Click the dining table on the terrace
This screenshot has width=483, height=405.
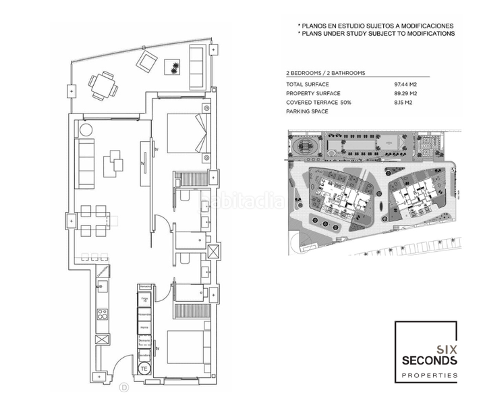pyautogui.click(x=102, y=84)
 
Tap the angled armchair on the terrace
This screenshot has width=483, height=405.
pyautogui.click(x=146, y=63)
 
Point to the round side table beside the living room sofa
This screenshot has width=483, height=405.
pyautogui.click(x=87, y=130)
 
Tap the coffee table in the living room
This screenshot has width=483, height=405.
pyautogui.click(x=113, y=163)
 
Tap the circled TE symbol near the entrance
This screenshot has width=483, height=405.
pyautogui.click(x=144, y=369)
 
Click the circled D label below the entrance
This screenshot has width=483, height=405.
pyautogui.click(x=124, y=387)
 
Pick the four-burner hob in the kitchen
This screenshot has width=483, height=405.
pyautogui.click(x=104, y=314)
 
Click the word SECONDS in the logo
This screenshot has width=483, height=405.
pyautogui.click(x=428, y=361)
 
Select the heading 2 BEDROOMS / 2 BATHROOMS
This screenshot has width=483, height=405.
pyautogui.click(x=326, y=72)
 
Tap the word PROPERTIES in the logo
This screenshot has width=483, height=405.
pyautogui.click(x=428, y=375)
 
